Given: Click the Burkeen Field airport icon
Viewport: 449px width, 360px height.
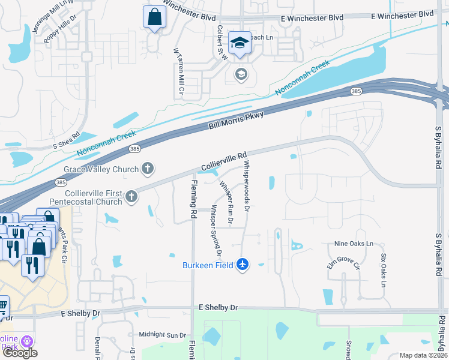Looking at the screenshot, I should (243, 264).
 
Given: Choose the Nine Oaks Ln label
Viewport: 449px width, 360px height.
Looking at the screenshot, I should (354, 244).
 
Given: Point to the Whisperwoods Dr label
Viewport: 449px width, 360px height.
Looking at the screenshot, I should (247, 185).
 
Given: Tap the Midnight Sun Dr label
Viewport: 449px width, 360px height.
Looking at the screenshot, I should (163, 335).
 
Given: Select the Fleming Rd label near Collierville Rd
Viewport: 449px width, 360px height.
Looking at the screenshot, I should (194, 199).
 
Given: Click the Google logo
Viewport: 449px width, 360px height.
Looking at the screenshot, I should (20, 353).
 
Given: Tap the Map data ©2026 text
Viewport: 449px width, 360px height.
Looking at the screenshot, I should (423, 355).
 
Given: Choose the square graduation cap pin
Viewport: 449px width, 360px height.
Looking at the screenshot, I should (240, 43).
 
